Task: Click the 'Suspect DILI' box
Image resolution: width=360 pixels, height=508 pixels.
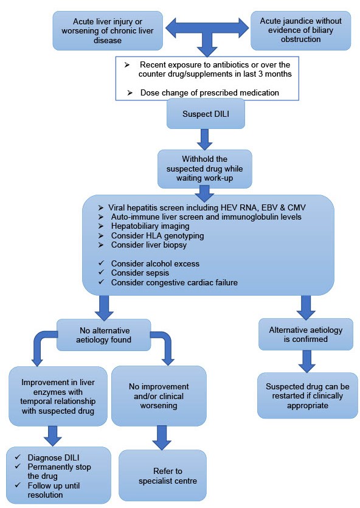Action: (206, 114)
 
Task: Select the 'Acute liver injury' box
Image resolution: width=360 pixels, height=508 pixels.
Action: (108, 31)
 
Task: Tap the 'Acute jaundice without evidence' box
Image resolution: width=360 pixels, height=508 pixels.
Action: (301, 30)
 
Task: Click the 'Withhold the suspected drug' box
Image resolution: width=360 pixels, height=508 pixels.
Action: (204, 169)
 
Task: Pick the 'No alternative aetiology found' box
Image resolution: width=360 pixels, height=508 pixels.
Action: (103, 335)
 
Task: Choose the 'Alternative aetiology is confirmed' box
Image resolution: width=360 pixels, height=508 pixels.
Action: (306, 335)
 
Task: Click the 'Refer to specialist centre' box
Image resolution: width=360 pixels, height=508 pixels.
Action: (162, 476)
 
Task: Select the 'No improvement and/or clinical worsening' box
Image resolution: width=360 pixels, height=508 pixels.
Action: (159, 396)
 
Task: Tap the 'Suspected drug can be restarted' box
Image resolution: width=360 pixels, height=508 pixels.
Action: (308, 395)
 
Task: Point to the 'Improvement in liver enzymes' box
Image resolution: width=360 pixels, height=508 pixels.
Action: (58, 396)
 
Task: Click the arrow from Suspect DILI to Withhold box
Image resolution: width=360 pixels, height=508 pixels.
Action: (205, 140)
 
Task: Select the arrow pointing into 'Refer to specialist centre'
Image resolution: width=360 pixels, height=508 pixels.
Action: (162, 437)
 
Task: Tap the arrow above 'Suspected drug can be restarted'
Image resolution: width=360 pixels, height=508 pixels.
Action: (306, 361)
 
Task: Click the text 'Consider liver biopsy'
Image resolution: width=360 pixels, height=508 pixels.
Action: (149, 245)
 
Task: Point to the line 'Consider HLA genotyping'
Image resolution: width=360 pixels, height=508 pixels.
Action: (157, 235)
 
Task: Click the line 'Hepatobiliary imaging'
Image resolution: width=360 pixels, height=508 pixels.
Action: (150, 226)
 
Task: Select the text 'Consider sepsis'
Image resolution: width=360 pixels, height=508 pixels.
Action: (140, 273)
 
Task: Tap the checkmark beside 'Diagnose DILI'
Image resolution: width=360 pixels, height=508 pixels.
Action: (18, 457)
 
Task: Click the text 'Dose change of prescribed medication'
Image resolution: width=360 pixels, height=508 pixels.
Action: (209, 92)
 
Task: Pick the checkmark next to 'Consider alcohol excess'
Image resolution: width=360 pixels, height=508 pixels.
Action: (102, 263)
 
